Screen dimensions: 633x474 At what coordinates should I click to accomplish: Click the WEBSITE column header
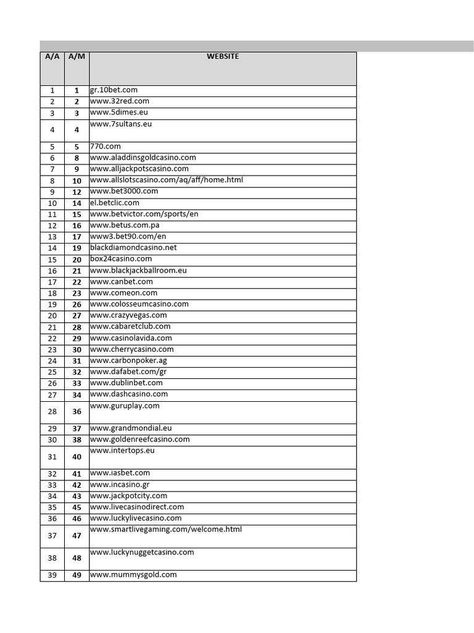[223, 56]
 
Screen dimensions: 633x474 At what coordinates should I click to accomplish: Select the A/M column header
[77, 56]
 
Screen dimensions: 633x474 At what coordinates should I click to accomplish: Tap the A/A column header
[52, 56]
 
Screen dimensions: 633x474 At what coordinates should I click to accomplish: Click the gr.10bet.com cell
[114, 90]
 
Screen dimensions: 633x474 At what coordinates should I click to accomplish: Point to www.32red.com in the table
[120, 101]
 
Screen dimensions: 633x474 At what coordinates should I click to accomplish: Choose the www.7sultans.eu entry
[121, 124]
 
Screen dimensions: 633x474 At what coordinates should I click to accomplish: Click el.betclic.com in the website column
[115, 203]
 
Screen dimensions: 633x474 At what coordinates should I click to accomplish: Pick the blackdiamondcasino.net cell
[133, 247]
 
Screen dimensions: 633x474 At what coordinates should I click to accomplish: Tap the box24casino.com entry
[121, 259]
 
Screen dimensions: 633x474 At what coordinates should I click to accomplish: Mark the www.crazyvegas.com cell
[128, 315]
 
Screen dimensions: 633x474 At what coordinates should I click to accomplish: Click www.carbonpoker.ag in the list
[128, 360]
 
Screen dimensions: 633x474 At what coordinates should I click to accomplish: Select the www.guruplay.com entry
[125, 406]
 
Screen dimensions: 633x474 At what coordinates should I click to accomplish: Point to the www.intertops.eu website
[122, 451]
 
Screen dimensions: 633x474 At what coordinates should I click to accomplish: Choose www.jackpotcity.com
[128, 496]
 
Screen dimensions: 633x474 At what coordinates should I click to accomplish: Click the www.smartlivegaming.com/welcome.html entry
[166, 529]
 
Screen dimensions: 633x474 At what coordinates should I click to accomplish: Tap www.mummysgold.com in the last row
[133, 575]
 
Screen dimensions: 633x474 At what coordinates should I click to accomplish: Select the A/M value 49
[77, 576]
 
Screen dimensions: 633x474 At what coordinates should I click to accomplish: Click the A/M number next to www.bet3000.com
[77, 192]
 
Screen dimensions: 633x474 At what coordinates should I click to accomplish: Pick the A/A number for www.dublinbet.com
[52, 383]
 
